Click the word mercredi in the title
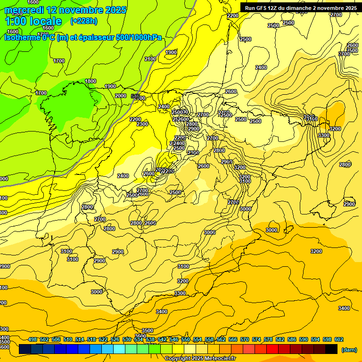tap(25, 10)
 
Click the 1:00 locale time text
tap(33, 21)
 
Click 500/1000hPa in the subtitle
tap(140, 38)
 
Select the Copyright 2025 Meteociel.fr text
tap(200, 359)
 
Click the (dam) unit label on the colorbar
tap(349, 350)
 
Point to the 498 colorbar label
tap(33, 340)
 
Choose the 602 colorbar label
tap(339, 340)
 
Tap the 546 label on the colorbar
tap(174, 340)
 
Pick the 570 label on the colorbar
tap(245, 340)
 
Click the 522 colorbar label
tap(103, 340)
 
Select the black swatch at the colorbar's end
tap(331, 349)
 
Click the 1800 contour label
tap(90, 82)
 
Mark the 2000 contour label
tap(121, 96)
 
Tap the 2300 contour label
tap(142, 124)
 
